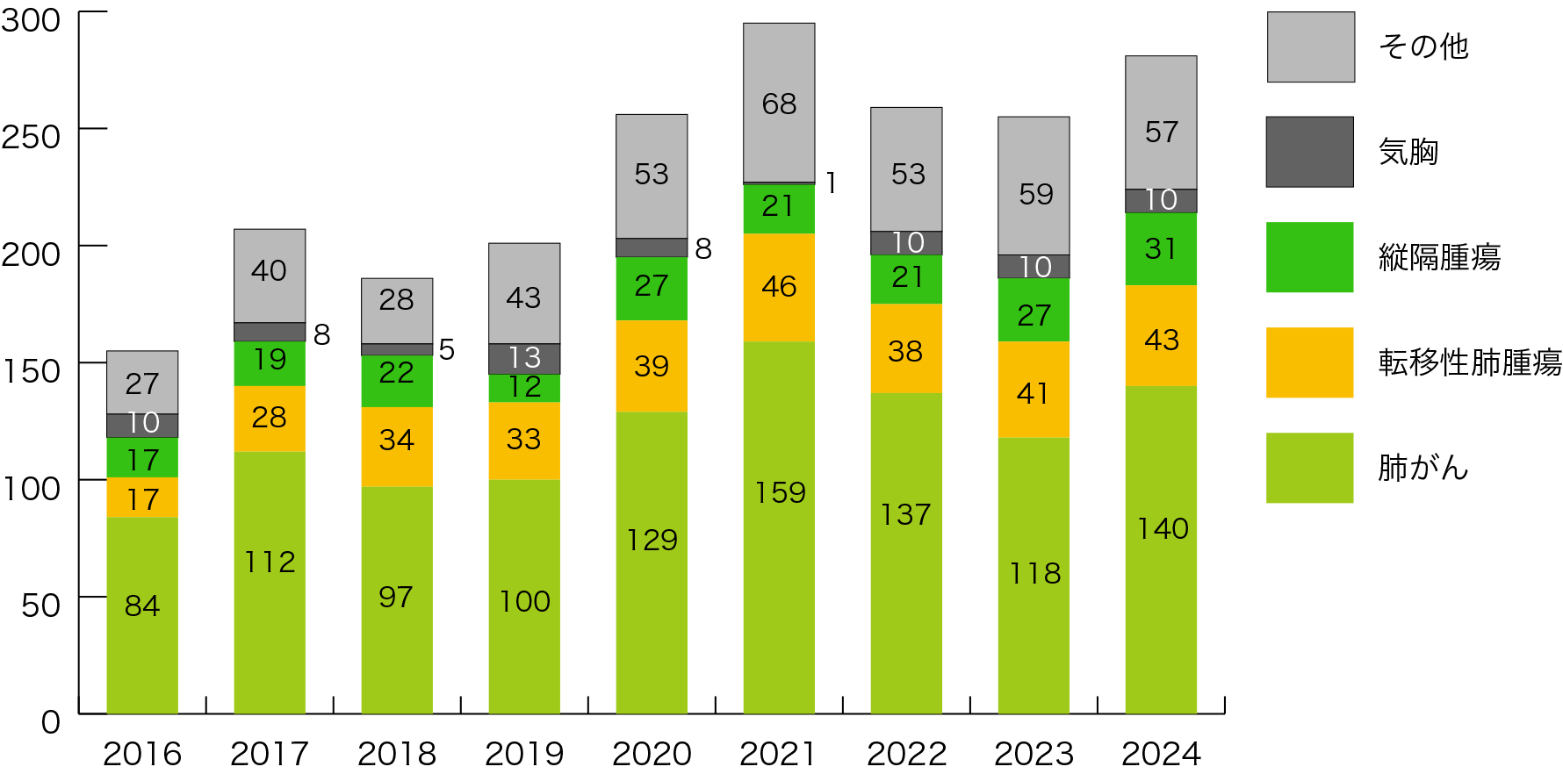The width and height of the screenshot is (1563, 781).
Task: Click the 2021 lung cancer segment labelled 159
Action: [779, 527]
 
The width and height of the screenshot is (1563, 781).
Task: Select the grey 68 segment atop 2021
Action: [779, 103]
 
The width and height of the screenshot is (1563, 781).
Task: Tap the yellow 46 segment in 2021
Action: [779, 287]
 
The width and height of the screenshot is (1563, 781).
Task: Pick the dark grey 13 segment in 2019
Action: [524, 358]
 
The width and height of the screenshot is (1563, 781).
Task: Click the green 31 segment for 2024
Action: [1161, 249]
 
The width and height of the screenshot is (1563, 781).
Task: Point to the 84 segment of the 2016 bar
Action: [142, 614]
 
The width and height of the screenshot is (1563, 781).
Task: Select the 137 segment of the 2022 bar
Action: [906, 553]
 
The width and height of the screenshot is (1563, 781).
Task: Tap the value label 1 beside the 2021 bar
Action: [831, 183]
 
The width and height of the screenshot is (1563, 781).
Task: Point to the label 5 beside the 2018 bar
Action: [446, 349]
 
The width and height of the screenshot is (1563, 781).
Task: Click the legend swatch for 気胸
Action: [1309, 152]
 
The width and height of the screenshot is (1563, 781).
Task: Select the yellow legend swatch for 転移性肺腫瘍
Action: [1309, 362]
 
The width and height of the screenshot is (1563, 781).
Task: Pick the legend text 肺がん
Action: [1423, 468]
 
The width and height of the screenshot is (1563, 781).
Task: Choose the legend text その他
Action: [1423, 47]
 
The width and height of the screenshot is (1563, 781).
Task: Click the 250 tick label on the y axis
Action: [32, 137]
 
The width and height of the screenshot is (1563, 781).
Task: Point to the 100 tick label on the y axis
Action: [32, 488]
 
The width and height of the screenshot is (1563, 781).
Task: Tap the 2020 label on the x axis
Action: [652, 754]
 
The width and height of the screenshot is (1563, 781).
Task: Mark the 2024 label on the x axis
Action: [1161, 754]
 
